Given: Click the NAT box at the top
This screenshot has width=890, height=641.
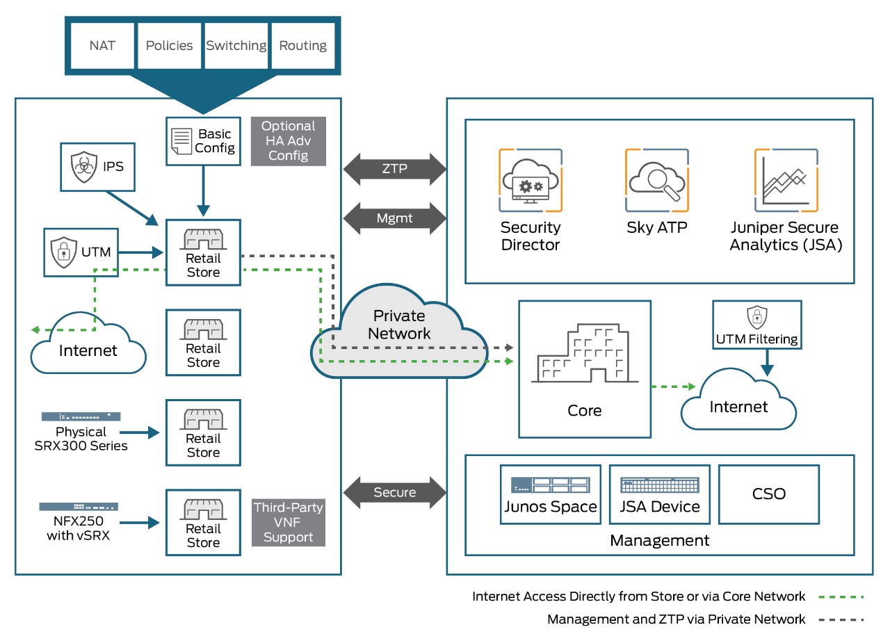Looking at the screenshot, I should (x=102, y=46).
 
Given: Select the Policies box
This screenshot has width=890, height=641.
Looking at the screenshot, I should (x=169, y=46).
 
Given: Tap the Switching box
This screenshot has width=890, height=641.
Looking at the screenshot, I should (x=236, y=46).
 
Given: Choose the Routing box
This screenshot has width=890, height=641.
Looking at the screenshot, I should (x=302, y=46).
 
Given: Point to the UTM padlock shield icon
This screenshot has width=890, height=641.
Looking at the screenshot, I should (x=64, y=252).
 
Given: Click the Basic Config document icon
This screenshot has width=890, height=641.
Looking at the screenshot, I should (x=181, y=140).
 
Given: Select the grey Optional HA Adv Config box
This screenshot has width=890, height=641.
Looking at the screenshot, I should (x=289, y=141).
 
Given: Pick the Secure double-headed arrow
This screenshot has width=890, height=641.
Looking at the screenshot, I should (x=395, y=492).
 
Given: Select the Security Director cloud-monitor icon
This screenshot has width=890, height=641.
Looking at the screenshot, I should (x=530, y=180).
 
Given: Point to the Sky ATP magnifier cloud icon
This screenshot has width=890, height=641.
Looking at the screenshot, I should (x=656, y=180).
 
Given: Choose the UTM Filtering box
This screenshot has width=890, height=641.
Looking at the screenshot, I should (x=756, y=324).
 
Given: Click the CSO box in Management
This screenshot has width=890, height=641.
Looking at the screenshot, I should (x=769, y=494).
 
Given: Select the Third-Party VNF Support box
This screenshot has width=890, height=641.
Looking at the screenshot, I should (x=289, y=522).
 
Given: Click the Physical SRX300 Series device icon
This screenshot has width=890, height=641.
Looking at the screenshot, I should (x=81, y=416).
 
